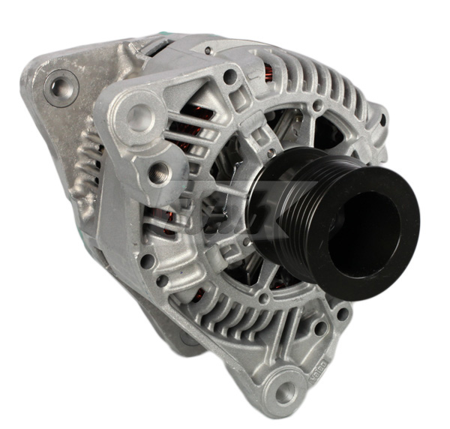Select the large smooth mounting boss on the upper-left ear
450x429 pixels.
[137, 114]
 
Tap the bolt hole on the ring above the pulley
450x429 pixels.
[319, 107]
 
